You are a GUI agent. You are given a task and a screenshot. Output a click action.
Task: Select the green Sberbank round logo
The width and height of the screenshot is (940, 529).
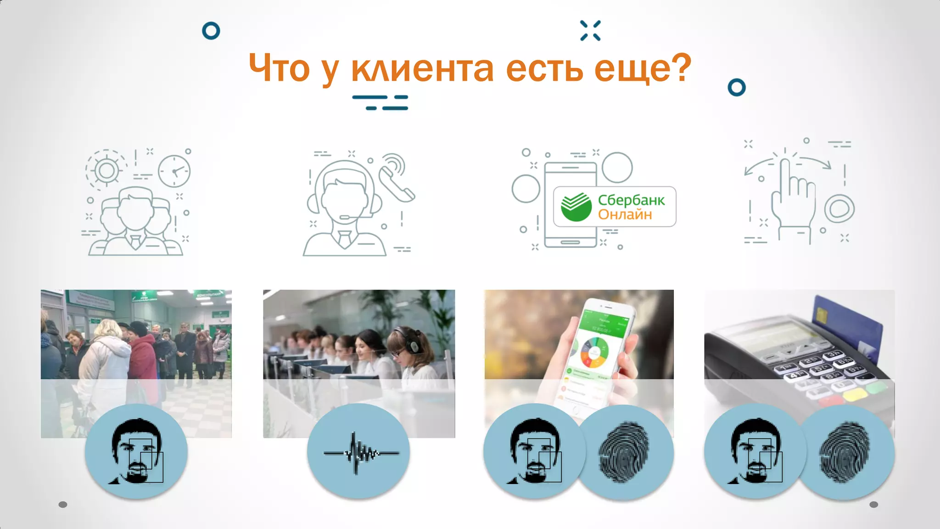[576, 207]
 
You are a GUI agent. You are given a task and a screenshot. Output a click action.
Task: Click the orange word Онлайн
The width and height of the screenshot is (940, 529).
[625, 214]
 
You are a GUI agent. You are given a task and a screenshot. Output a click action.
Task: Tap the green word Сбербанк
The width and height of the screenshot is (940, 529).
[631, 200]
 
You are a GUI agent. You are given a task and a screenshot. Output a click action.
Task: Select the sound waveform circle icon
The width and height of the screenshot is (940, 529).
[358, 452]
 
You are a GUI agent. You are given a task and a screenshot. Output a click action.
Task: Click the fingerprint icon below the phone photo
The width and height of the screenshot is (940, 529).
[624, 452]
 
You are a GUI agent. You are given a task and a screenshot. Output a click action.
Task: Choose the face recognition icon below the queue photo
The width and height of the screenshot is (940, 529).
[136, 451]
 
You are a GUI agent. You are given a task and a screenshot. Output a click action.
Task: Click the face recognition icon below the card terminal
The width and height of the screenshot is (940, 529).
[755, 451]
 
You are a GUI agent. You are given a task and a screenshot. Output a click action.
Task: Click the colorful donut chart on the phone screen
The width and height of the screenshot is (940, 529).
[595, 353]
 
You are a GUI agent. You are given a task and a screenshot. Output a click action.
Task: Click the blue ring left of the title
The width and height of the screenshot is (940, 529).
[211, 31]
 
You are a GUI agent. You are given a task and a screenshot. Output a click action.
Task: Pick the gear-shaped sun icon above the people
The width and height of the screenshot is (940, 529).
[106, 170]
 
